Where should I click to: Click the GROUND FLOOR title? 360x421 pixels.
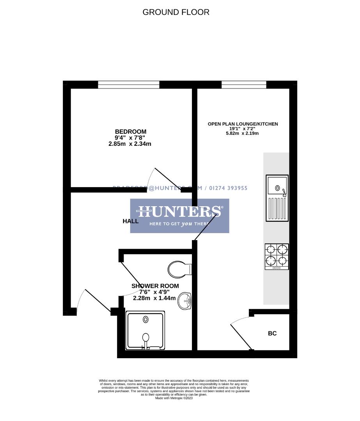click(x=176, y=12)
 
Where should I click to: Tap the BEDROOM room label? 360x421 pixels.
click(x=130, y=131)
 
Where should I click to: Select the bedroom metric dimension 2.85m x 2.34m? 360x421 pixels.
click(x=129, y=144)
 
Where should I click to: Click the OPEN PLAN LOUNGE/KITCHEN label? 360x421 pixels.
click(x=243, y=124)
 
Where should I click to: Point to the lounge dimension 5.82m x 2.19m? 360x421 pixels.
click(x=243, y=133)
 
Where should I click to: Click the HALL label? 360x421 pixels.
click(x=131, y=221)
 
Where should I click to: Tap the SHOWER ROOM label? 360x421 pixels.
click(x=155, y=286)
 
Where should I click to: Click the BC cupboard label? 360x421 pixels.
click(x=272, y=333)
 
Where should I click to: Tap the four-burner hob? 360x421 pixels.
click(x=277, y=256)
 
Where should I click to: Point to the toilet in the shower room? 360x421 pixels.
click(x=179, y=269)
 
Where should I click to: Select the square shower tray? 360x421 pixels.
click(x=145, y=330)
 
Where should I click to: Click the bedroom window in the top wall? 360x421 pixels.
click(x=128, y=84)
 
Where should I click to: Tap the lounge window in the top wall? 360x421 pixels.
click(x=244, y=84)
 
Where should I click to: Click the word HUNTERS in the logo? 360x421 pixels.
click(x=179, y=212)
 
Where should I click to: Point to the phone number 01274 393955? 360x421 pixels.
click(x=229, y=188)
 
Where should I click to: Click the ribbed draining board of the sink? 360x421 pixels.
click(x=277, y=209)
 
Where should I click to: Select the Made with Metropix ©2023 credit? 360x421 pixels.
click(x=174, y=398)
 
